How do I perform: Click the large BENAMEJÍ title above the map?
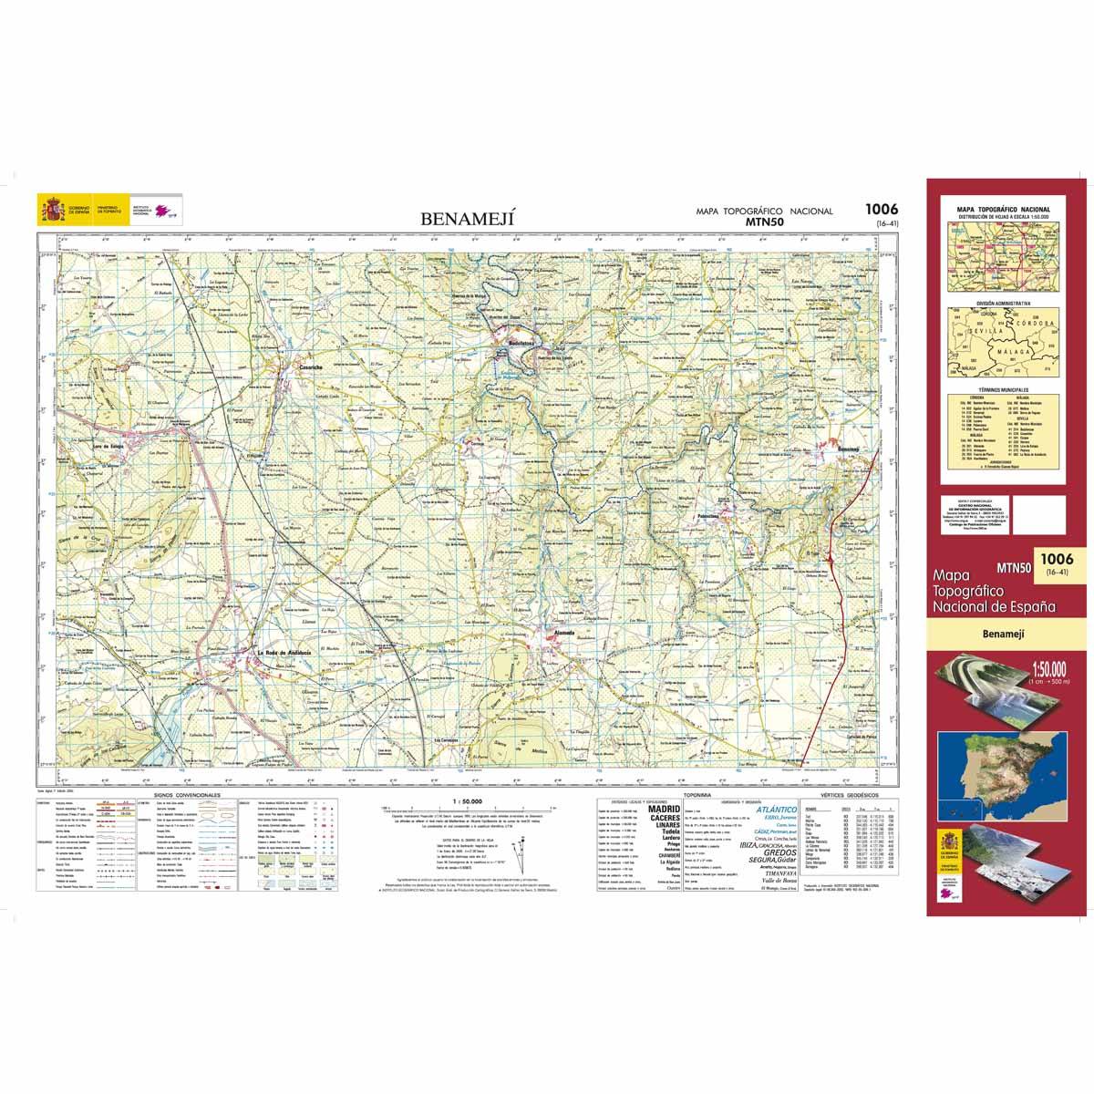pos(468,219)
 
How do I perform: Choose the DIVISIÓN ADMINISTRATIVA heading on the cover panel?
pos(1003,302)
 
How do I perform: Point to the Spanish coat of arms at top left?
pos(50,211)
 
